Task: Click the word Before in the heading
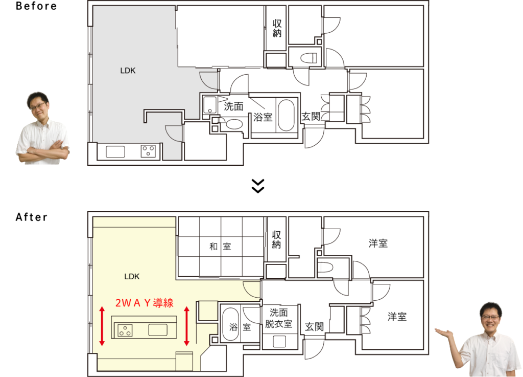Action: click(36, 6)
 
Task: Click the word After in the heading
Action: click(32, 217)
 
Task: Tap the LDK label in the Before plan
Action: click(128, 71)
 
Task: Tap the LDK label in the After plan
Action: click(132, 277)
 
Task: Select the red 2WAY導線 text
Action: click(145, 303)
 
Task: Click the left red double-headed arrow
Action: click(102, 326)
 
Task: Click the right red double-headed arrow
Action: click(187, 326)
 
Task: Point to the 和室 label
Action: click(220, 247)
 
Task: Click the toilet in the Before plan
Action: click(308, 58)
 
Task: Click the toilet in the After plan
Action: click(325, 268)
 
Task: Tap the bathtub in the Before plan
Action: click(286, 115)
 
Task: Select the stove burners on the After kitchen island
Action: click(125, 330)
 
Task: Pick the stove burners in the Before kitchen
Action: click(148, 151)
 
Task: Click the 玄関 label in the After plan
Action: click(314, 326)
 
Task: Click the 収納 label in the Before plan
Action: click(277, 28)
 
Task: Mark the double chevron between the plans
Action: click(258, 186)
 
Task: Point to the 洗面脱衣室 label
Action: click(278, 318)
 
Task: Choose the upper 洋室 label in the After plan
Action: click(378, 243)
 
